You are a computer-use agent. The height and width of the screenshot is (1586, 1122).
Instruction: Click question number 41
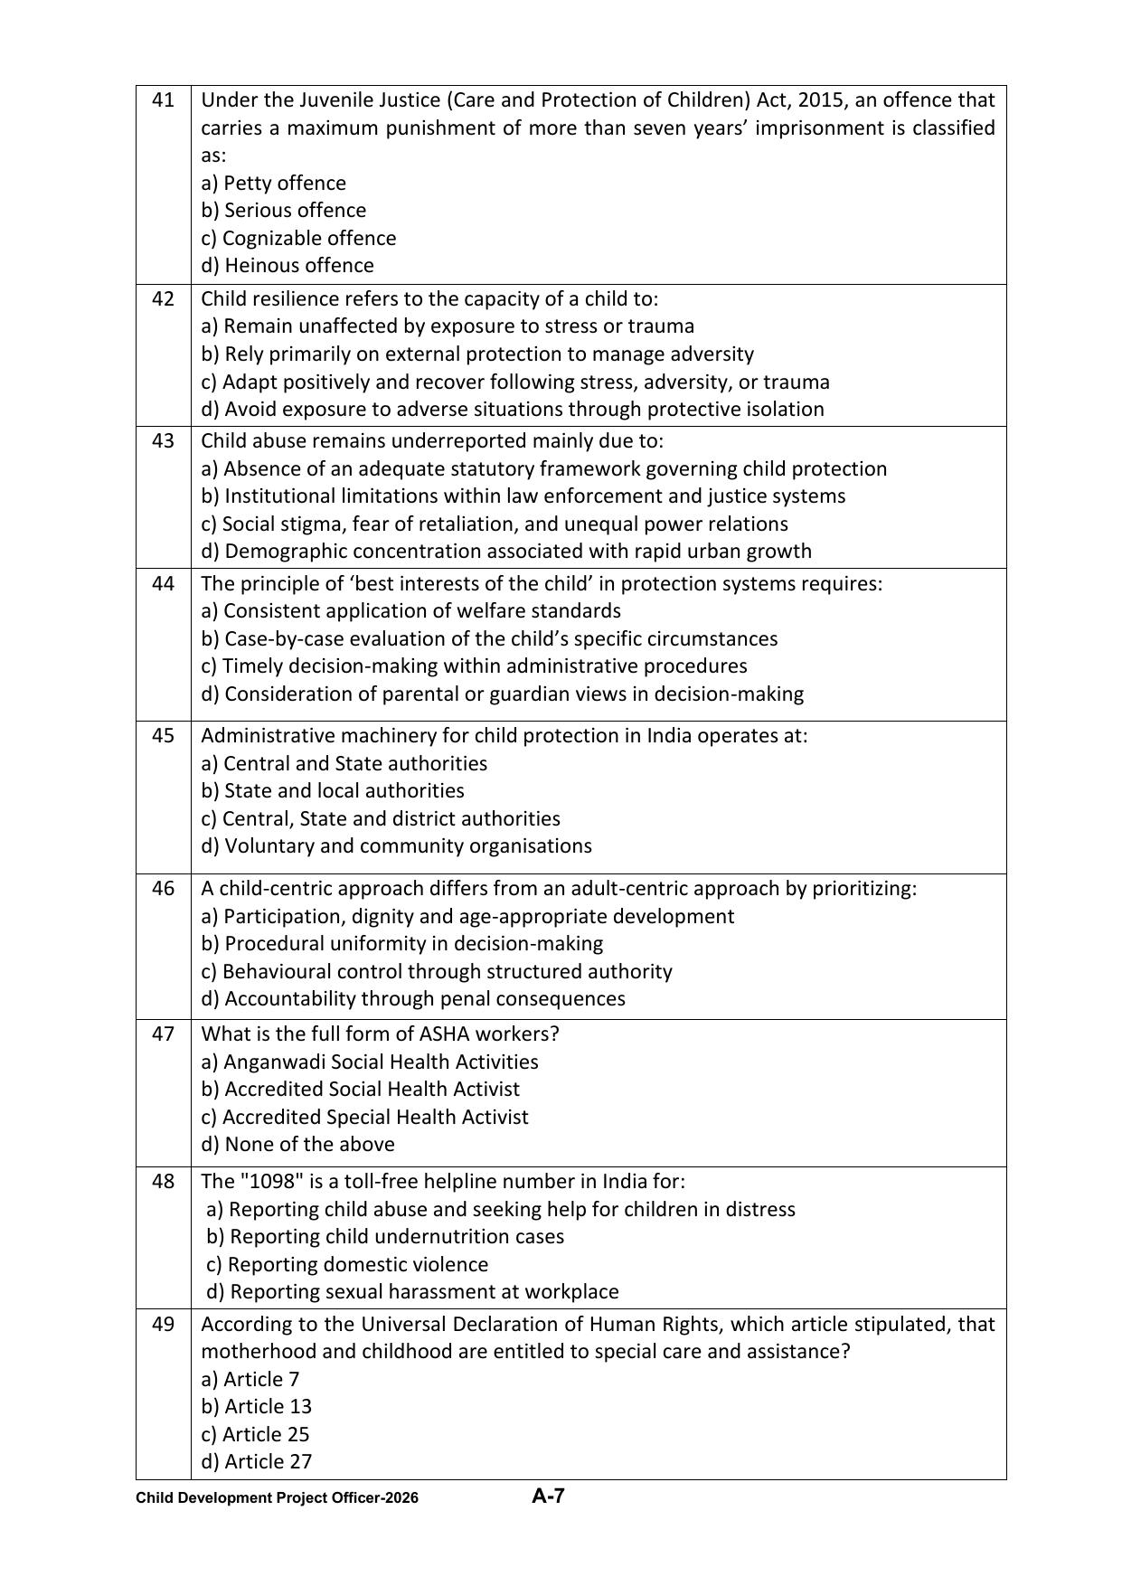163,99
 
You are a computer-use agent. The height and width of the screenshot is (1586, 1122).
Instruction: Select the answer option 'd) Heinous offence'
287,265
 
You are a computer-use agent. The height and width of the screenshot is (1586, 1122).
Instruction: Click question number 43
163,440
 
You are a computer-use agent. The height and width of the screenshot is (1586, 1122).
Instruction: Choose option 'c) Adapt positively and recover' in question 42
514,382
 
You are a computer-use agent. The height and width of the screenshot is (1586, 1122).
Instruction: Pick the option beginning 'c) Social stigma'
494,524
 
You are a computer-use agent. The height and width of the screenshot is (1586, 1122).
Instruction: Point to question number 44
163,583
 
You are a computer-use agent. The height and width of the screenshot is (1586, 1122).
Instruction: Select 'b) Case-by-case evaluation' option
488,638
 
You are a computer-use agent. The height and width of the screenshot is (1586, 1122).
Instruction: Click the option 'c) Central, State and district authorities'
380,818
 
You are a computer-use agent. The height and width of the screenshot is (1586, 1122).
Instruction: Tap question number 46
163,888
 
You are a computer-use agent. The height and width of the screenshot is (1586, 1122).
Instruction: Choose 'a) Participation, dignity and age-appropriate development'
467,916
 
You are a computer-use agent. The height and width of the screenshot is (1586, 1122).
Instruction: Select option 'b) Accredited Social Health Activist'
360,1089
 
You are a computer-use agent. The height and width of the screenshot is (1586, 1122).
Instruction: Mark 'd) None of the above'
297,1144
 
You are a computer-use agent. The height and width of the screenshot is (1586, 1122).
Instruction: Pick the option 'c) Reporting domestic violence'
346,1264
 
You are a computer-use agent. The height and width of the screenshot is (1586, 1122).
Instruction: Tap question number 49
163,1324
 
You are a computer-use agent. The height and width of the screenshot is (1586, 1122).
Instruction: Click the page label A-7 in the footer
548,1496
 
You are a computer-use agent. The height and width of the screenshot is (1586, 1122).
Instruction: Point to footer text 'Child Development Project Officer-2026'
277,1498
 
